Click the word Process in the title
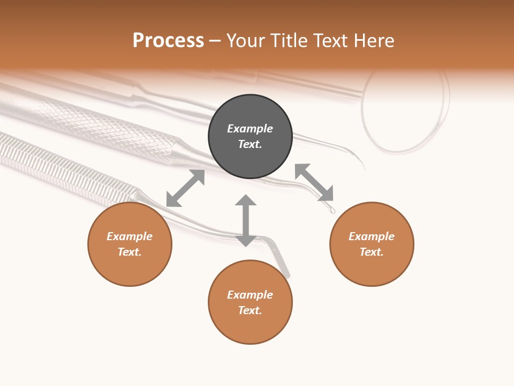[x=168, y=41]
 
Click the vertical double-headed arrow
[x=246, y=220]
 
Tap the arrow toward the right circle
[x=314, y=182]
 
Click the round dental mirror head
[x=405, y=110]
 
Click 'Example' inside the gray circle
[x=250, y=129]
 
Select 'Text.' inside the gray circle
[x=250, y=144]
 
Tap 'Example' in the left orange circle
[x=130, y=236]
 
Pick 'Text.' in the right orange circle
[x=372, y=252]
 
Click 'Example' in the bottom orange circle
[x=250, y=295]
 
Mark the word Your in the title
[x=246, y=41]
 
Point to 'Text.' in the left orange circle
[x=130, y=252]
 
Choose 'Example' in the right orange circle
[x=372, y=236]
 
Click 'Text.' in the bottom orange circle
[x=250, y=310]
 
